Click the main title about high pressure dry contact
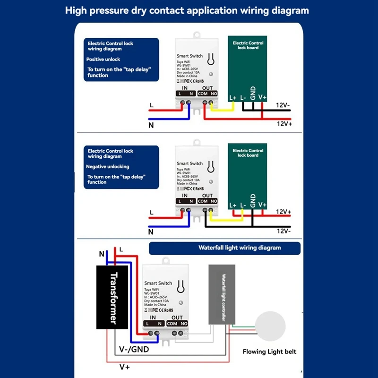point(187,10)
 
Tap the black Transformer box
point(114,297)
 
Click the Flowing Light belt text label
point(269,352)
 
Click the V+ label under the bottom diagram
point(125,367)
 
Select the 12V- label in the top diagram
point(283,104)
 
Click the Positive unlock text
point(103,60)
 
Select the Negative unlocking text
point(107,167)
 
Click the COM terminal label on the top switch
point(203,94)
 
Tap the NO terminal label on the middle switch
point(214,201)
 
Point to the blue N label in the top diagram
point(151,126)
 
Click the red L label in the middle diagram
point(151,213)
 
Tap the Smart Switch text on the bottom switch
point(158,283)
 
